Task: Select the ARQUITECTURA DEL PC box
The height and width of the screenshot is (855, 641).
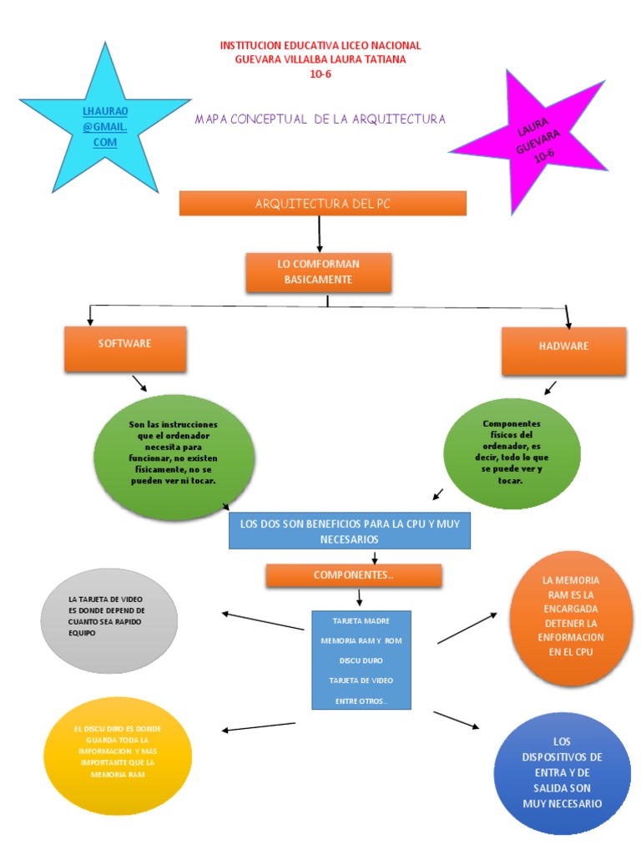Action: tap(323, 204)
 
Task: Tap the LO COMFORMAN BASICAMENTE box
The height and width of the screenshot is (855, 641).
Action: tap(318, 272)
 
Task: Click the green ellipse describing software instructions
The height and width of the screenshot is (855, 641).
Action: tap(174, 455)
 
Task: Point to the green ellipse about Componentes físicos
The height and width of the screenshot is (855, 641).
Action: tap(511, 452)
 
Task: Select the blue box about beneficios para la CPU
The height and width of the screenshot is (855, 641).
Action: tap(349, 531)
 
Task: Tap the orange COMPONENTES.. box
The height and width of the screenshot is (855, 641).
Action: tap(353, 575)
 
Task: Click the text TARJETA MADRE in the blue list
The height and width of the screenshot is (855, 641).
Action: tap(361, 621)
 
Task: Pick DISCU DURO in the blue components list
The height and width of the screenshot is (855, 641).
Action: tap(361, 660)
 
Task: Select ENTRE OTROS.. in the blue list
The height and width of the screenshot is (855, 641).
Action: tap(361, 701)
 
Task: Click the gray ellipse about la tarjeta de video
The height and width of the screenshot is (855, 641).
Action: tap(109, 621)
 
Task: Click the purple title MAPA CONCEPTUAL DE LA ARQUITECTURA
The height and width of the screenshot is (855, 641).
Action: tap(320, 119)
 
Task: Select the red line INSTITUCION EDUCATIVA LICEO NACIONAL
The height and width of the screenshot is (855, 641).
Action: tap(320, 45)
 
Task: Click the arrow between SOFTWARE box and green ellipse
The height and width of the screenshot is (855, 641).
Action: tap(139, 383)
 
